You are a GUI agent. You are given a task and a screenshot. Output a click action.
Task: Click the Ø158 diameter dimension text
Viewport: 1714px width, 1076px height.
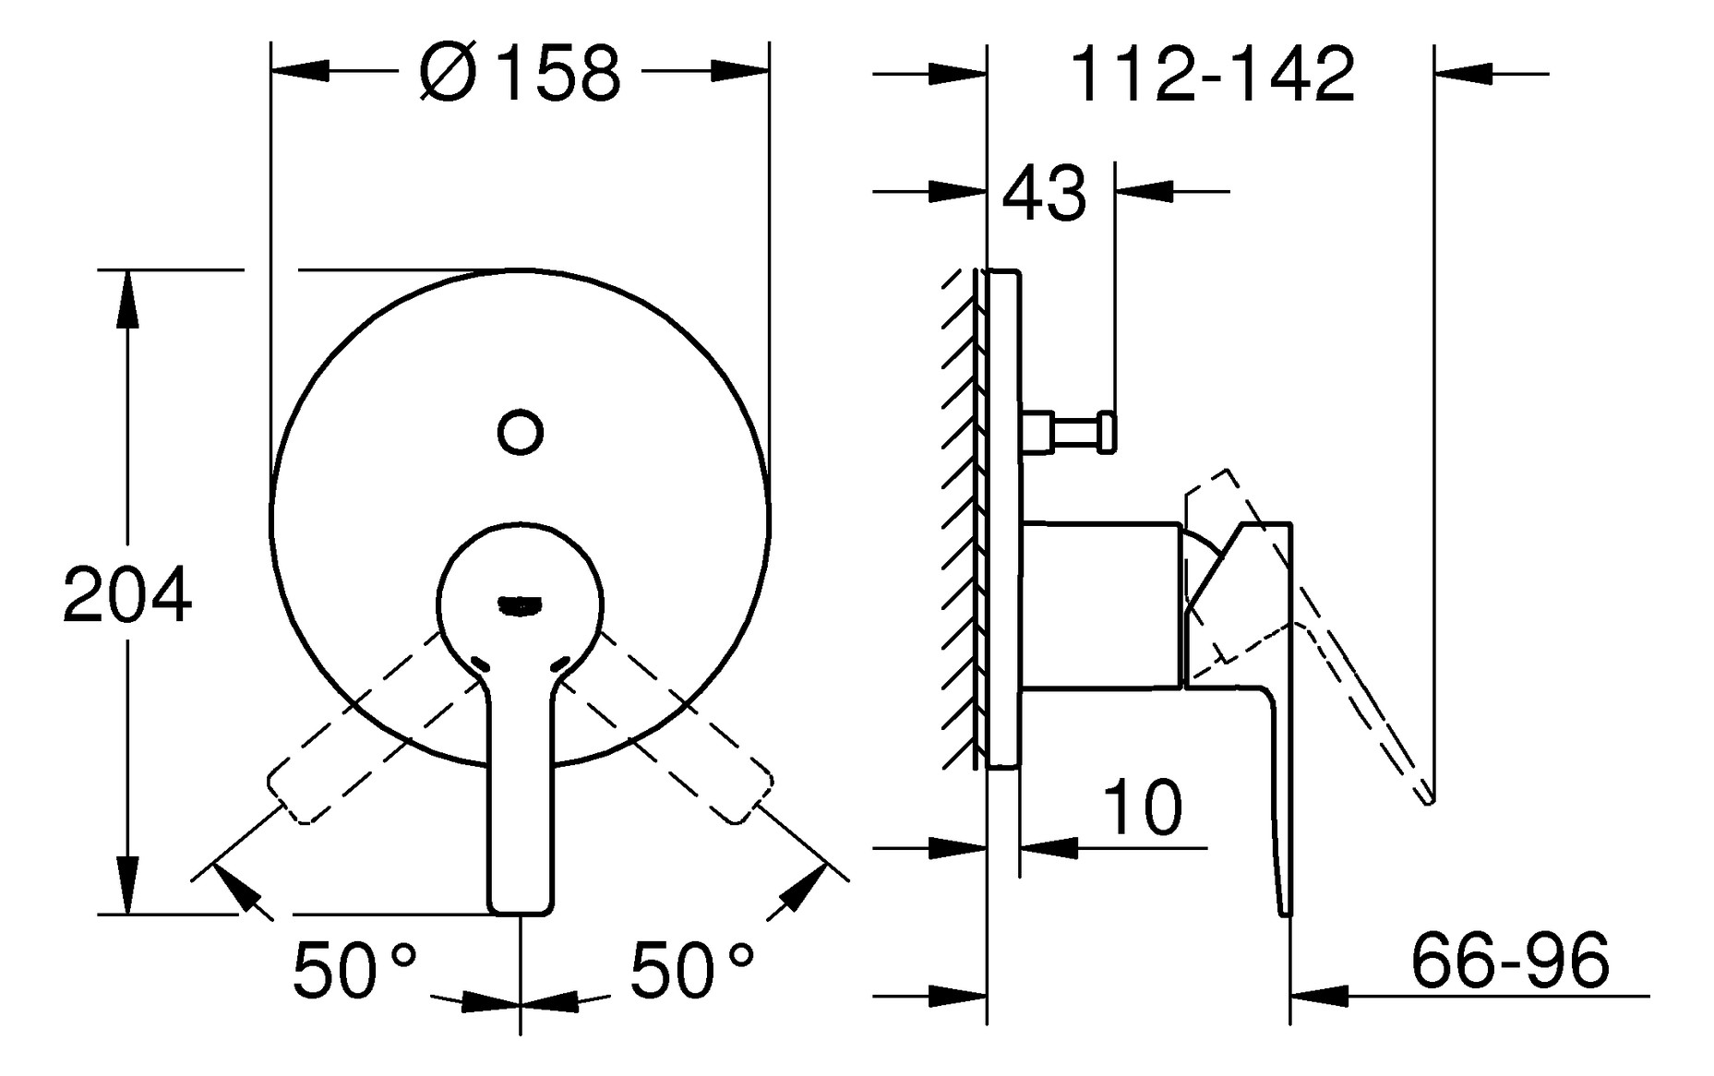pyautogui.click(x=520, y=73)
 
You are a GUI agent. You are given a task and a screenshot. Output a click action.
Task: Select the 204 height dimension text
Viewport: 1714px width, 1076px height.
pyautogui.click(x=126, y=597)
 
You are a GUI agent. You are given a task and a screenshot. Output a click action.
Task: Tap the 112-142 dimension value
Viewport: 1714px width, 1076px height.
pyautogui.click(x=1212, y=75)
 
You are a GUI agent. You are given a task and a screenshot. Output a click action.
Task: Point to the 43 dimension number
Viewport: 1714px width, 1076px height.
pyautogui.click(x=1044, y=195)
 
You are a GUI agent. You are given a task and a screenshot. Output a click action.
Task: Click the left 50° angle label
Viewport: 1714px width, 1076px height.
pyautogui.click(x=354, y=971)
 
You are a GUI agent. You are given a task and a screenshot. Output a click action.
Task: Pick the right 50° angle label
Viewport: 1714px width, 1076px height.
pyautogui.click(x=691, y=971)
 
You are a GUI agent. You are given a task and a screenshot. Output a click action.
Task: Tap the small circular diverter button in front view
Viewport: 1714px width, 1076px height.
pyautogui.click(x=521, y=431)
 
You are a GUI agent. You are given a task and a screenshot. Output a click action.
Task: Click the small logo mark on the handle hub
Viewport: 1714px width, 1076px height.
pyautogui.click(x=520, y=605)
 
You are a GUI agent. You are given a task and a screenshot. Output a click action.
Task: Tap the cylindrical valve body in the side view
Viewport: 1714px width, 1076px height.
pyautogui.click(x=1101, y=605)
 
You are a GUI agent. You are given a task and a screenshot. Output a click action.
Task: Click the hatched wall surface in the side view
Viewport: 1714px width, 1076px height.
pyautogui.click(x=961, y=517)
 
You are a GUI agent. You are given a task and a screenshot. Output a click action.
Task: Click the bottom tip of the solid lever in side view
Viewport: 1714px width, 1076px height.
pyautogui.click(x=1286, y=911)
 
